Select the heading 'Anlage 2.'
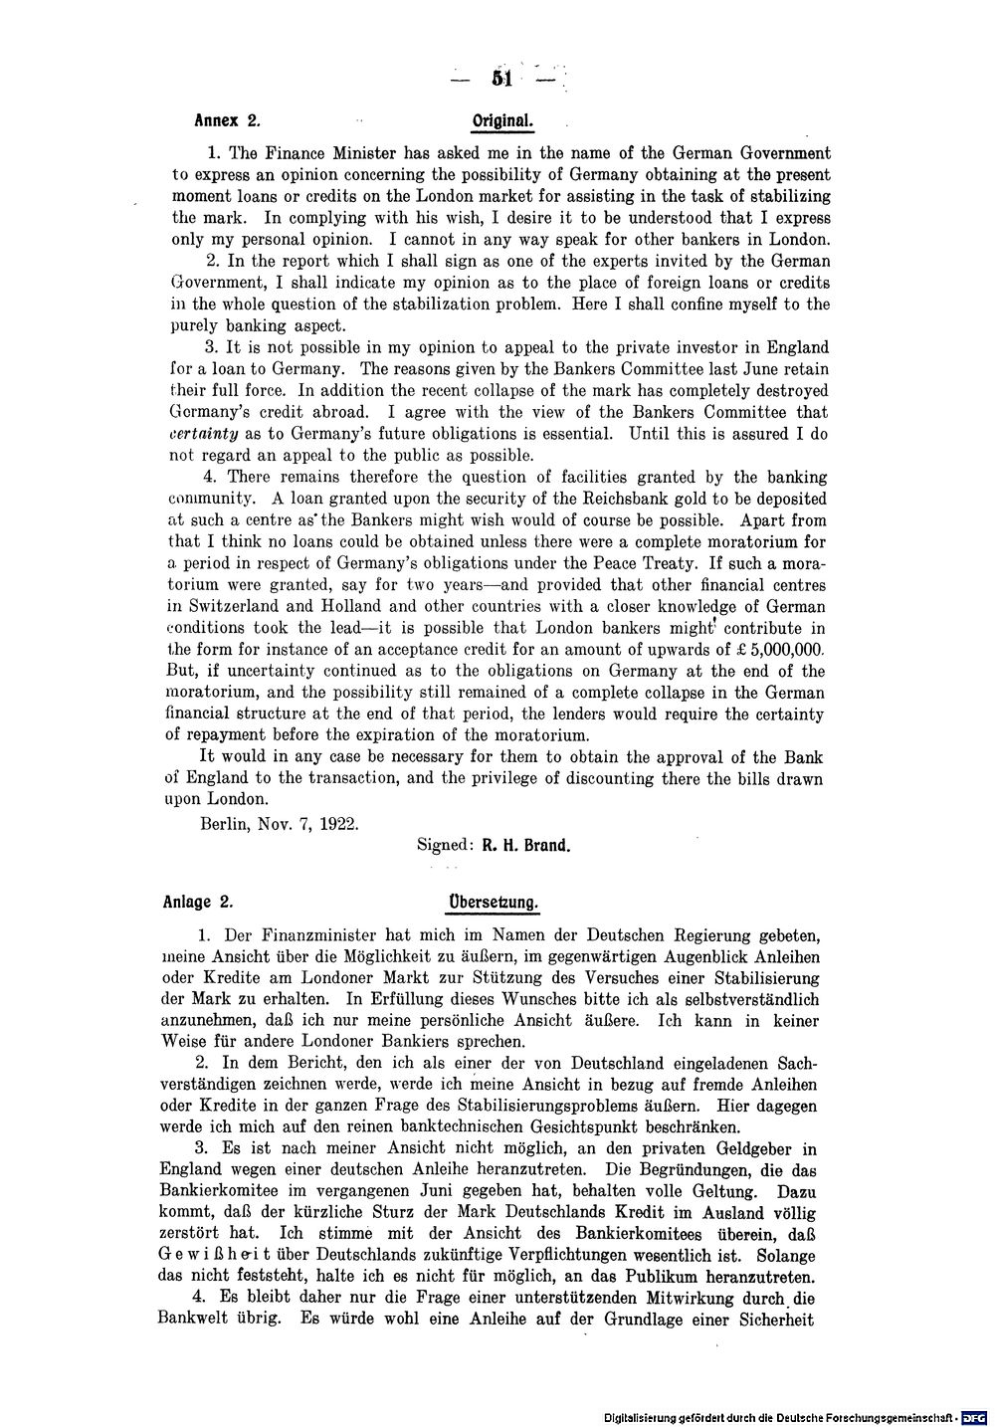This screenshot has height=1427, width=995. (x=199, y=904)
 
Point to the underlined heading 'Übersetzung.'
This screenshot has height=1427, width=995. (x=494, y=904)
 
